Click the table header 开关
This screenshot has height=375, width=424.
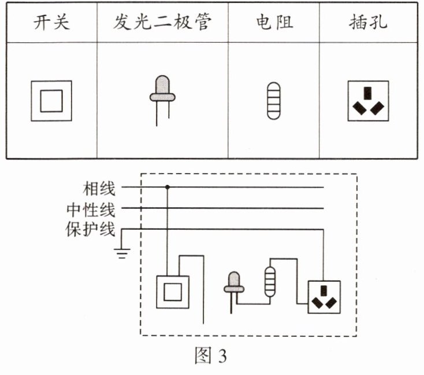coord(51,23)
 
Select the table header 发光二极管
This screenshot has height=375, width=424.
coord(162,23)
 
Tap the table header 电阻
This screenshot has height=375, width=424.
coord(274,23)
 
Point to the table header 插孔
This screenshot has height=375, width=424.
coord(369,23)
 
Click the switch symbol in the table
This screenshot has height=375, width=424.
coord(51,101)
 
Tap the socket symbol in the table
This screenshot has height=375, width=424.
coord(368,101)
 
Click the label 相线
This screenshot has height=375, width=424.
coord(99,187)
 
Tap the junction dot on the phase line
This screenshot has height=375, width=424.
coord(168,187)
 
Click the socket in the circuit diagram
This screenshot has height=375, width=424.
coord(323,296)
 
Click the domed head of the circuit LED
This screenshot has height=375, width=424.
coord(235,278)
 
